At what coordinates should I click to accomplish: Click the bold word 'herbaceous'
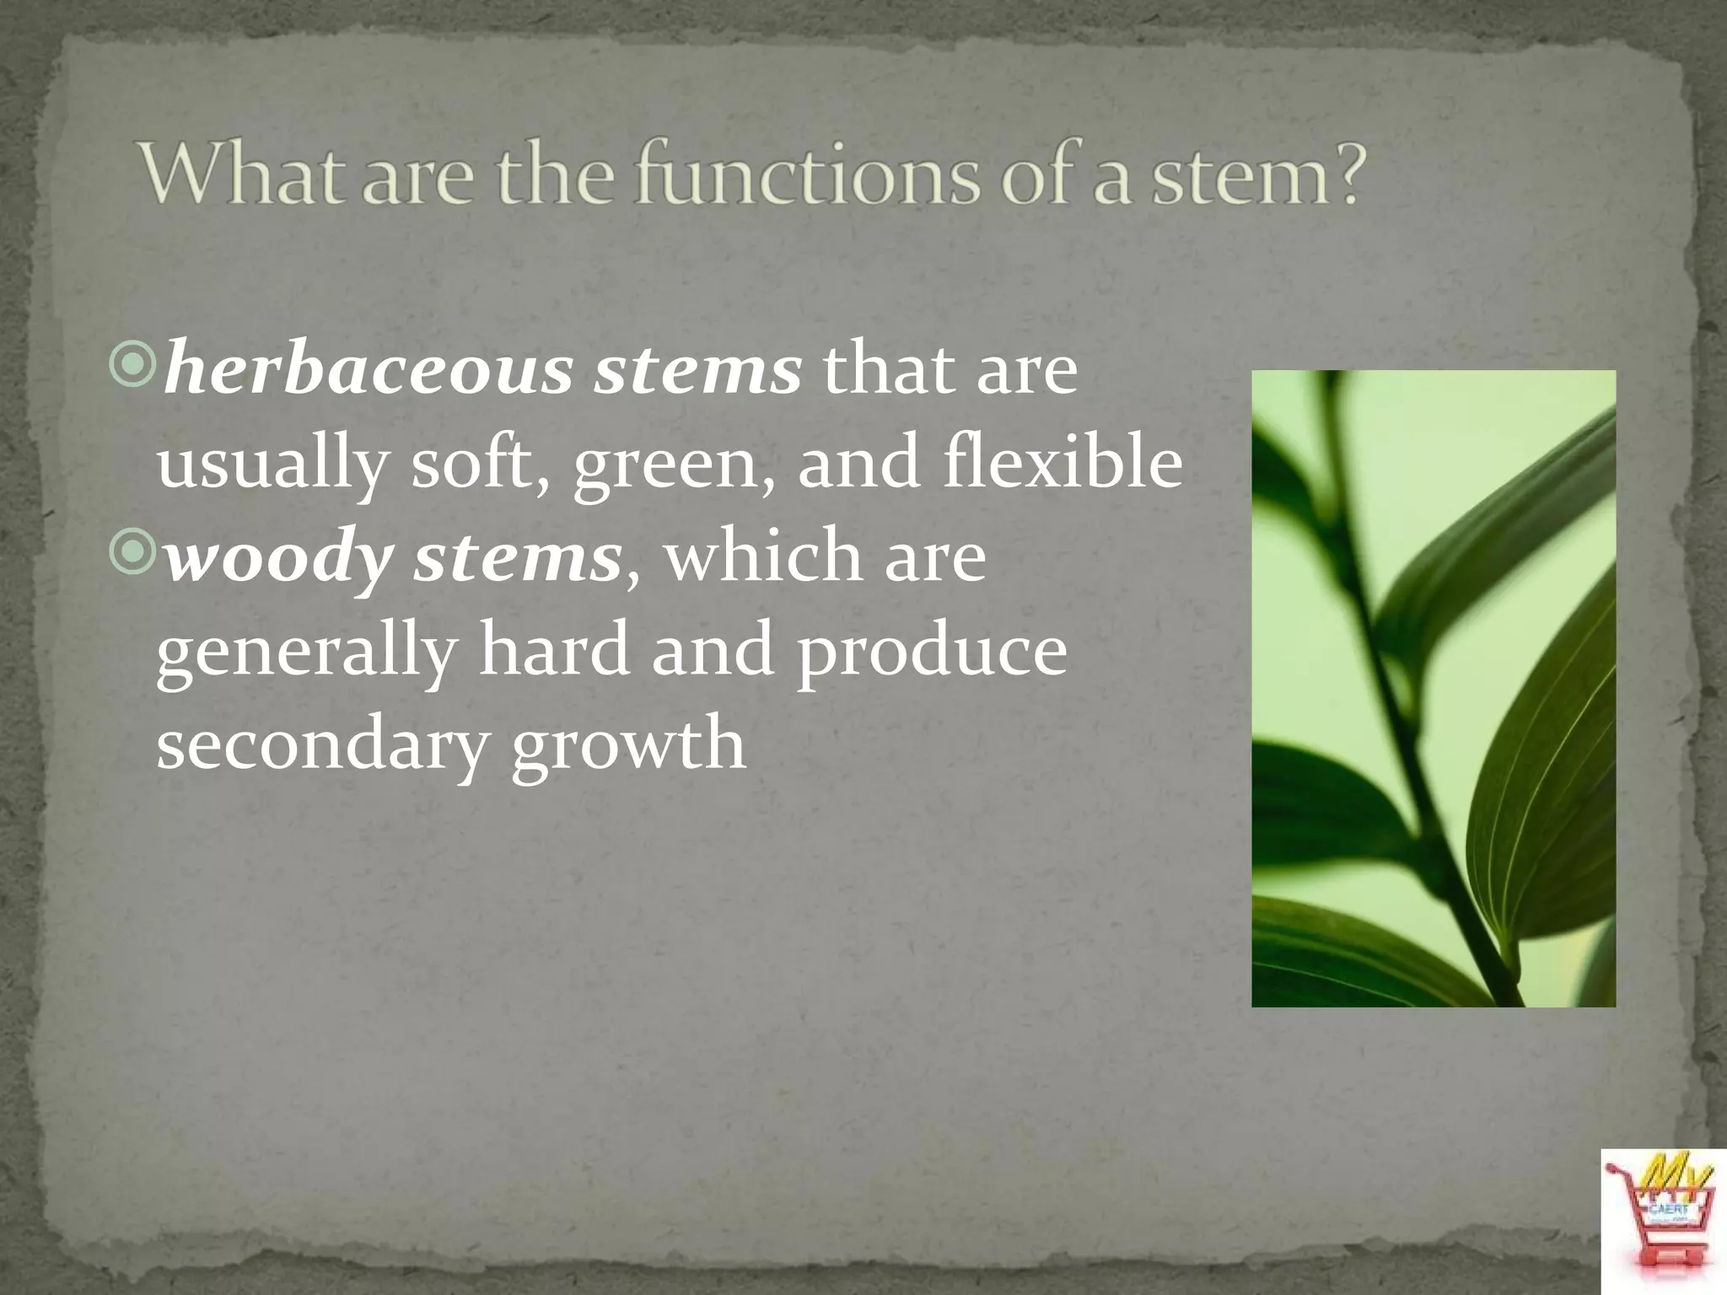[x=368, y=371]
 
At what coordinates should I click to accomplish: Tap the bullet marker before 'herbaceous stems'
[x=132, y=364]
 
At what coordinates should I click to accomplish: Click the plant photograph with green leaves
[x=1433, y=688]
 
